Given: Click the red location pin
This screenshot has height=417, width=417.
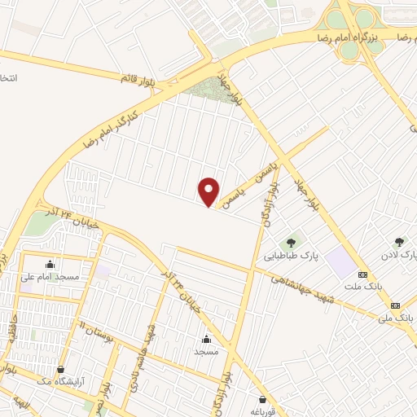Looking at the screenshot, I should (x=209, y=191).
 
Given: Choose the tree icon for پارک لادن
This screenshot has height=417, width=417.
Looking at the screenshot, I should (x=399, y=242).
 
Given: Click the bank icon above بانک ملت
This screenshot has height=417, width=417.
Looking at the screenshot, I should (x=362, y=274).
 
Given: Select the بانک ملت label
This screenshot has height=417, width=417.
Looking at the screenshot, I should (x=362, y=288).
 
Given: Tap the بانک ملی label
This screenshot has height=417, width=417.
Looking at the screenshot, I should (x=399, y=313).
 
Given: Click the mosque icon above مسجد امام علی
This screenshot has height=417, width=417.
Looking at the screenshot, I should (x=50, y=264).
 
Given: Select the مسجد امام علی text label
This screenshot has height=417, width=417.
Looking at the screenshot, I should (x=50, y=277).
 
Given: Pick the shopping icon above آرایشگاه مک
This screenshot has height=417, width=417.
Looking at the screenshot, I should (x=60, y=369).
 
